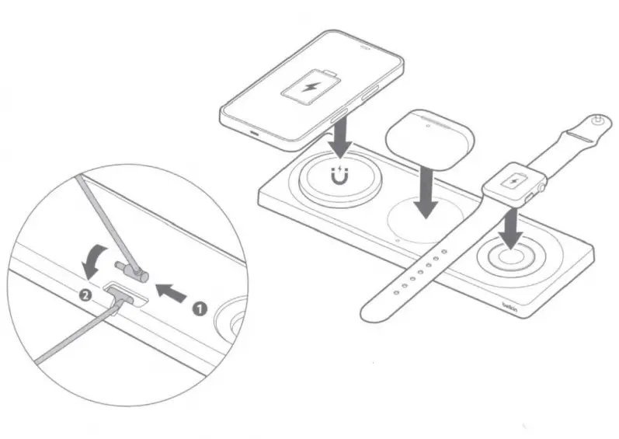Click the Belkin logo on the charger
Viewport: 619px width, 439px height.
point(510,308)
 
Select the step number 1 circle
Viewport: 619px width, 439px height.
point(199,308)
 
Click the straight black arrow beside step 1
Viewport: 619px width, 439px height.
point(173,291)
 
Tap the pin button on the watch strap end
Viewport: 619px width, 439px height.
point(597,121)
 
